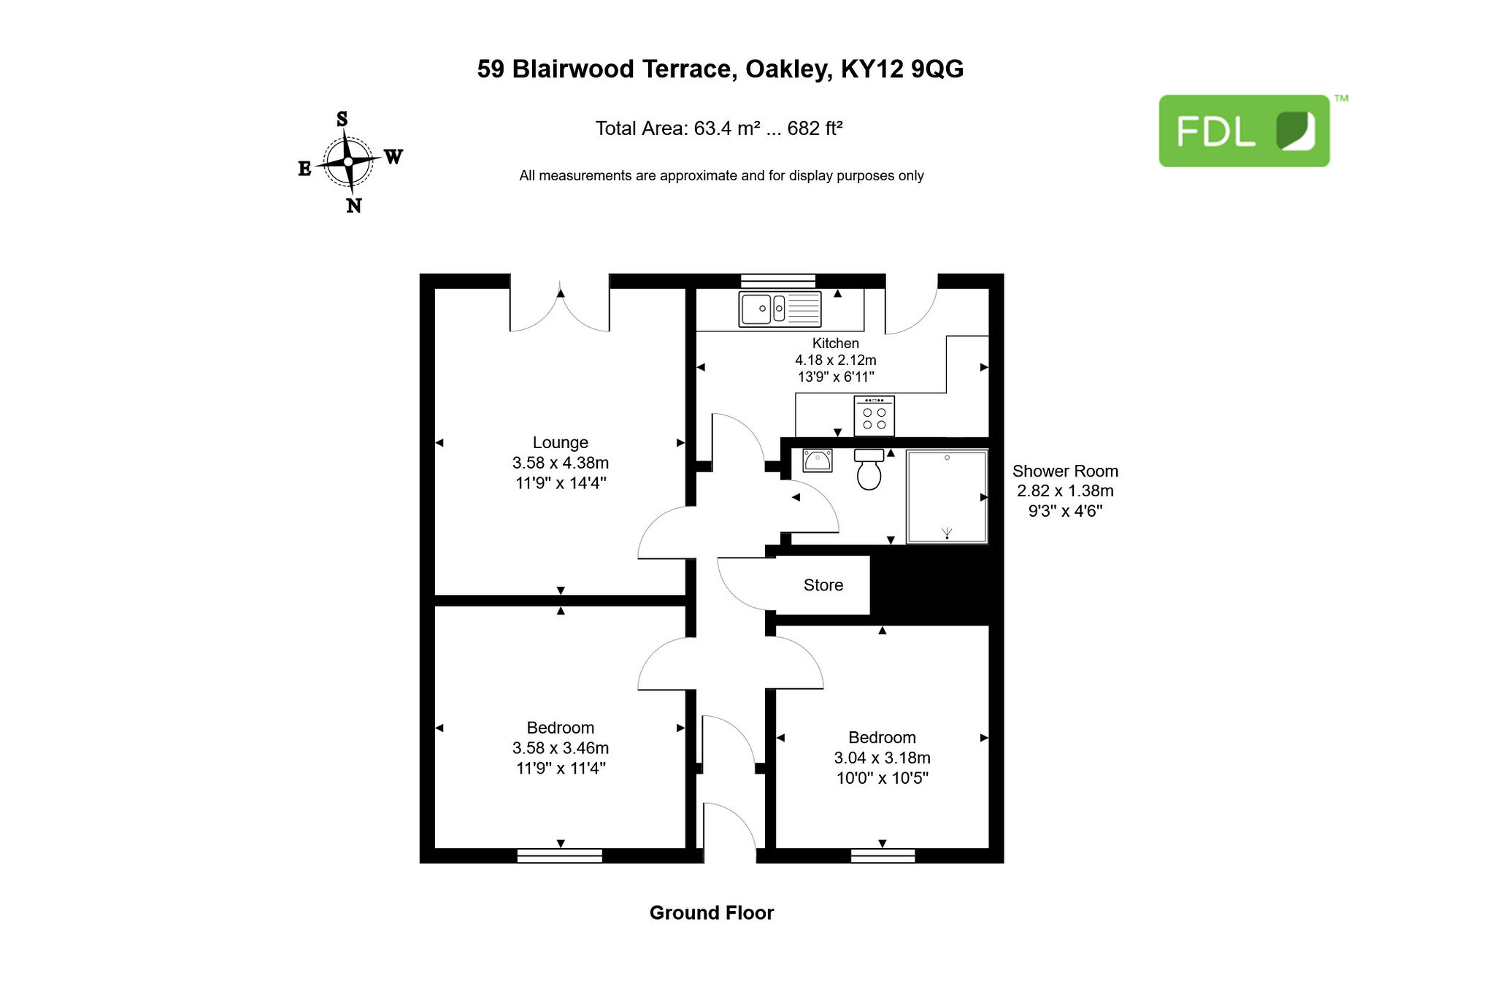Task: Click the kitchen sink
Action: (780, 309)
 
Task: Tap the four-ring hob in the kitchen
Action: (874, 416)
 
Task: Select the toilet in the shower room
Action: (869, 469)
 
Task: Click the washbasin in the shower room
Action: (818, 461)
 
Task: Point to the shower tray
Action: (947, 496)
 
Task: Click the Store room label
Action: (823, 585)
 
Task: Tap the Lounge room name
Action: (561, 442)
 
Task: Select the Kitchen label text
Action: (836, 343)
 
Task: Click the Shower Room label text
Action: (1065, 471)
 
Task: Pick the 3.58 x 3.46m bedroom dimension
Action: (561, 748)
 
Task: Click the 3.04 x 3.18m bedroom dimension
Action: (883, 758)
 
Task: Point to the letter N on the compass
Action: (354, 206)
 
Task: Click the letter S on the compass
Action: (342, 119)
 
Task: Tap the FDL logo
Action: (1245, 131)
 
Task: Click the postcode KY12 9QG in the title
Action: (902, 69)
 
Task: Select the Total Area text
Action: (719, 128)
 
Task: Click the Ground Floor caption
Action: (712, 913)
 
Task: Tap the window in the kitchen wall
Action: (778, 281)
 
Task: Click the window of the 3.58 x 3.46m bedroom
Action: (560, 855)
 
